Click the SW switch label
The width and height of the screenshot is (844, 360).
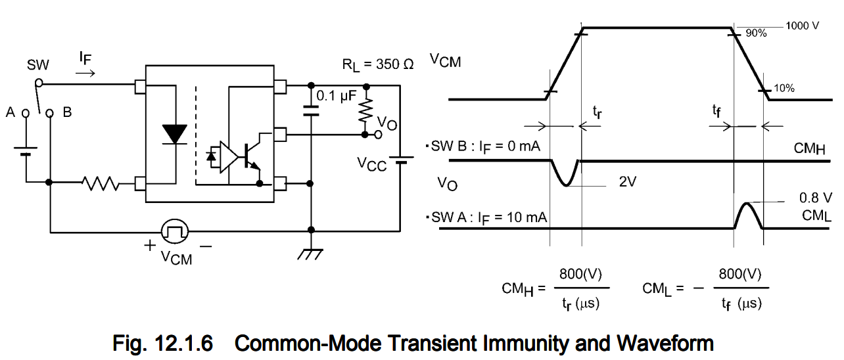coord(38,65)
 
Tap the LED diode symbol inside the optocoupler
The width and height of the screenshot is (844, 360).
coord(174,133)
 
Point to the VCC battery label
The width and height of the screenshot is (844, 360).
coord(372,162)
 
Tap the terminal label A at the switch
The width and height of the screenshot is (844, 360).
coord(11,112)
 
